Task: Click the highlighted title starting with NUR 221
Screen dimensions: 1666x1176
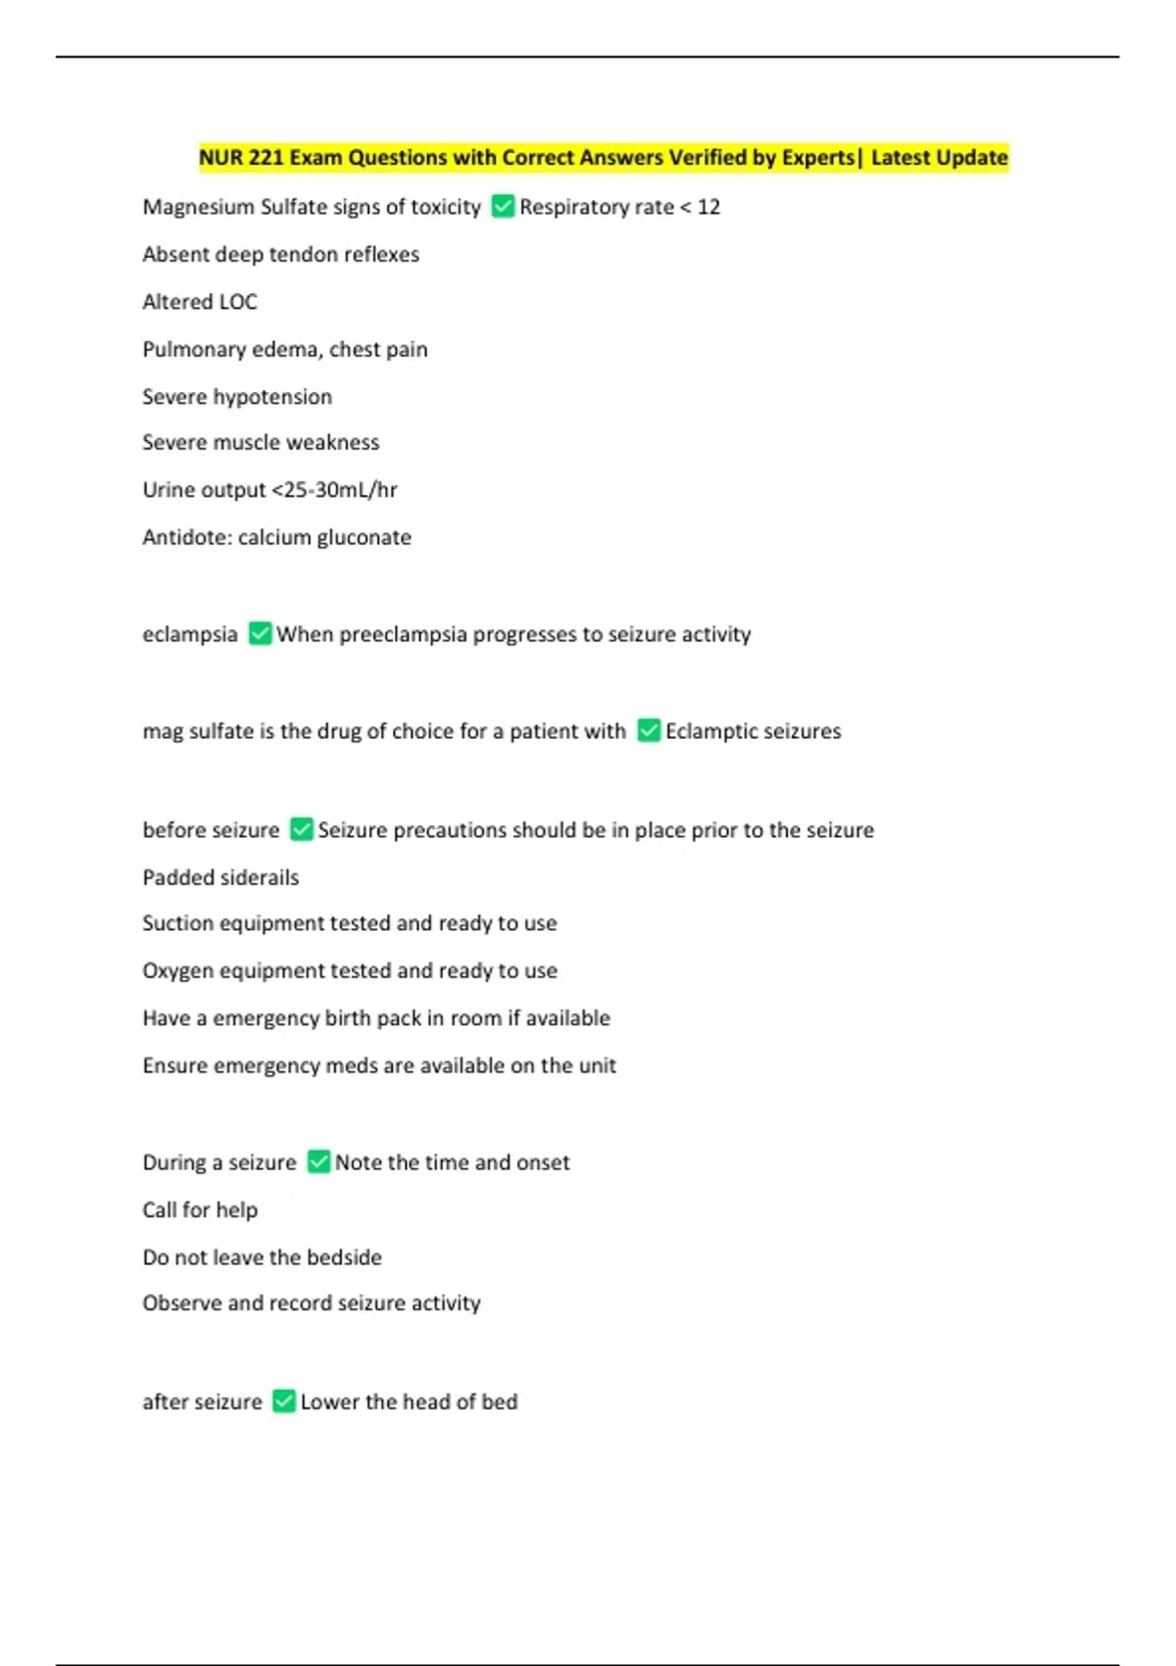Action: (x=603, y=158)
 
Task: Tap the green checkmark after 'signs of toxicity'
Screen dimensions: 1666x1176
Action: (x=503, y=207)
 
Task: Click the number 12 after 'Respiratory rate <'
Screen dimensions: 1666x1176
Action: (x=709, y=207)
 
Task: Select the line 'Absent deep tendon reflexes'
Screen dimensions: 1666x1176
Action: (x=280, y=255)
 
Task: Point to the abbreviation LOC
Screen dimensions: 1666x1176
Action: (x=239, y=302)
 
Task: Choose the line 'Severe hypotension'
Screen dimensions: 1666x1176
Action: (x=237, y=397)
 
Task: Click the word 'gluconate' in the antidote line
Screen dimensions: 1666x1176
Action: (x=364, y=538)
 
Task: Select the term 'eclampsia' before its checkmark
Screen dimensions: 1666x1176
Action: (x=190, y=635)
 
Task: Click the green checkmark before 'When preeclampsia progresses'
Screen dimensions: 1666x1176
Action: (x=260, y=634)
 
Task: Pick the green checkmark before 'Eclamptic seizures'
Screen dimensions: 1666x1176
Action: (x=649, y=731)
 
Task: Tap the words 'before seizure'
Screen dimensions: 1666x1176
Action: (x=211, y=830)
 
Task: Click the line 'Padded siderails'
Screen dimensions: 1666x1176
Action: (x=220, y=878)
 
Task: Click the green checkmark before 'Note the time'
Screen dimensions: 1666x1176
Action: (x=318, y=1162)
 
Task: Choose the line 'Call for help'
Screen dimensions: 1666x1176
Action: (x=200, y=1210)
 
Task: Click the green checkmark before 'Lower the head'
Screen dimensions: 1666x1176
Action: (x=283, y=1401)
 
